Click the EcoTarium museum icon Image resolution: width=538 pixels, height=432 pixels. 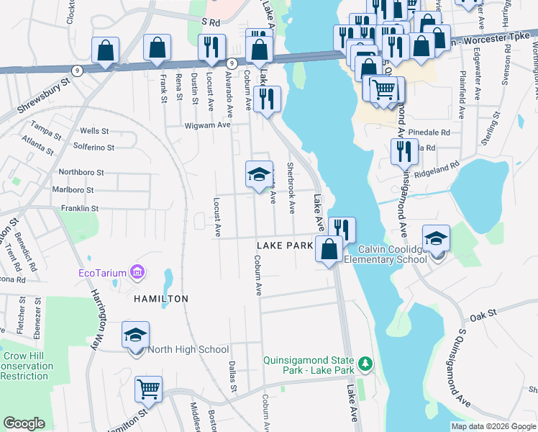137,273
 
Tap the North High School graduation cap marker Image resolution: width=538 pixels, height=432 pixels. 134,335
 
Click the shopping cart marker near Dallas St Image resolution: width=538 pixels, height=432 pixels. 149,390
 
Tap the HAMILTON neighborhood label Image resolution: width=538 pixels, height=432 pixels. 160,298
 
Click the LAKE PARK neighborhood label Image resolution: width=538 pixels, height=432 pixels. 285,246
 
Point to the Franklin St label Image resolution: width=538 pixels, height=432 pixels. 79,208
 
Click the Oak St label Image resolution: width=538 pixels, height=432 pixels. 483,315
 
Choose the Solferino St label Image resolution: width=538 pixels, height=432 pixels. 94,147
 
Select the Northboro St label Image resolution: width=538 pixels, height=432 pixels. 81,173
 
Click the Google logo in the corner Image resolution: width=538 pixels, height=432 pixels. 24,423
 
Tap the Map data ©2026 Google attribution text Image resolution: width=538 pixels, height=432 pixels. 493,426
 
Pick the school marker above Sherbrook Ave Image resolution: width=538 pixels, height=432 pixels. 259,174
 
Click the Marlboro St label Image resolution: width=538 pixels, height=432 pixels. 73,190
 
